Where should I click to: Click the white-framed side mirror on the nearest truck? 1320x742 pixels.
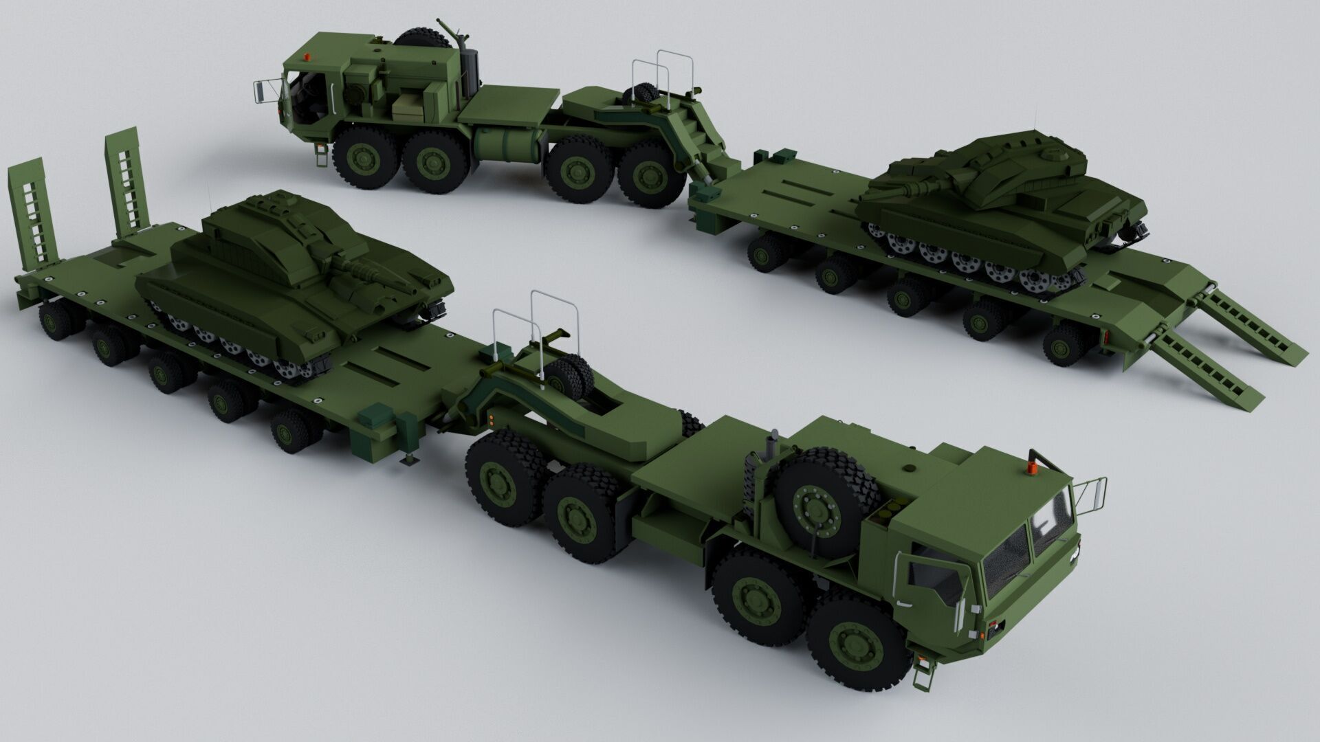tap(1090, 489)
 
